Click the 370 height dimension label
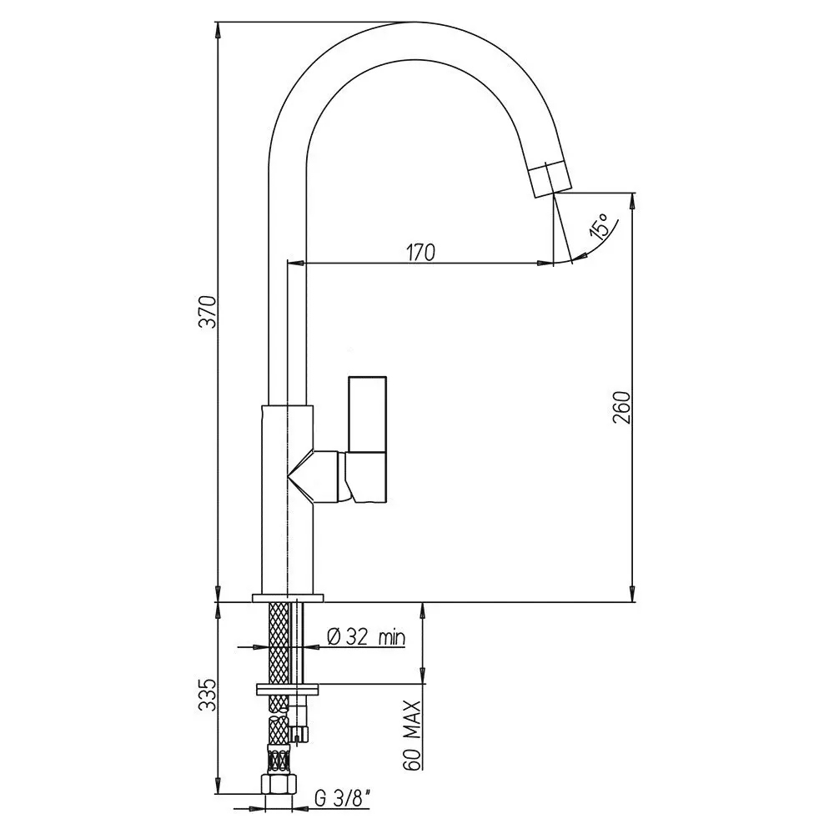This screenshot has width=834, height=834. pos(208,312)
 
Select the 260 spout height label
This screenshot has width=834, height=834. pos(621,408)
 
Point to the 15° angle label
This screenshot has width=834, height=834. pos(598,227)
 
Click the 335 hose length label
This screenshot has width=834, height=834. pos(208,694)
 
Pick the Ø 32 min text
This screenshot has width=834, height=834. pos(366,636)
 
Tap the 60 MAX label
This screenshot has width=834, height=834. pos(412,735)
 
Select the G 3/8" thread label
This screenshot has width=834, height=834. pos(343,798)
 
